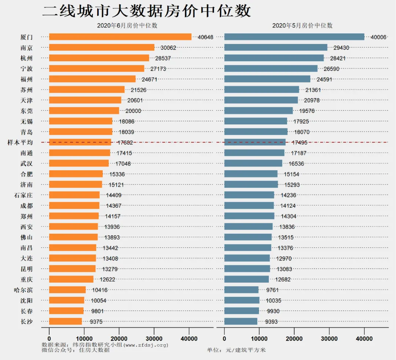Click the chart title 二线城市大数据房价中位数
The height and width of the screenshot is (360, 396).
coord(146,11)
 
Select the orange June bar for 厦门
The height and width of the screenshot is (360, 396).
coord(120,37)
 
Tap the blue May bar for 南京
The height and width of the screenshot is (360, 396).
coord(275,47)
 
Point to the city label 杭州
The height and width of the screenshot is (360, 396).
coord(26,58)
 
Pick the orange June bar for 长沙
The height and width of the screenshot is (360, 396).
coord(65,321)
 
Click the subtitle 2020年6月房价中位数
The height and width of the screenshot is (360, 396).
coord(127,25)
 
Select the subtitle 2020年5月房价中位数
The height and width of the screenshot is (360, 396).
coord(302,25)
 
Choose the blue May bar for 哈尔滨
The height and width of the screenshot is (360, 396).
coord(241,290)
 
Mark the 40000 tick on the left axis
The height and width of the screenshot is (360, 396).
coord(189,339)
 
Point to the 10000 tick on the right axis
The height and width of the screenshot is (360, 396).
coord(259,339)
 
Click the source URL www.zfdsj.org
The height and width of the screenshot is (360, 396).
coord(146,345)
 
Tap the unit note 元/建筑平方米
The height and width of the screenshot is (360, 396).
coord(246,350)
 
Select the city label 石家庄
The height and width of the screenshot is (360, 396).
coord(23,195)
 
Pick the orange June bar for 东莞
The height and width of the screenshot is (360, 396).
coord(84,110)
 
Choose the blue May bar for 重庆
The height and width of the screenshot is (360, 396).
coord(246,279)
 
